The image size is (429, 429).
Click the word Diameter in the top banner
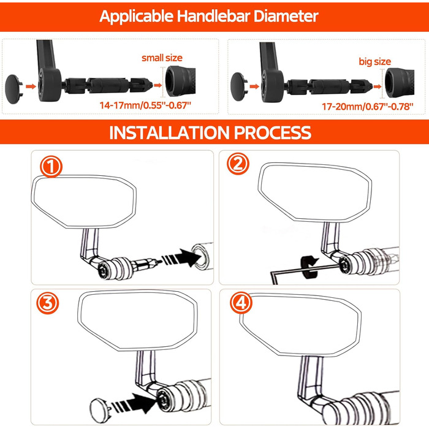(x=286, y=16)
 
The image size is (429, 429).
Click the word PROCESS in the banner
(x=273, y=133)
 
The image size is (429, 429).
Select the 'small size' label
(x=162, y=58)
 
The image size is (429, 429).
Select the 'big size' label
(x=375, y=61)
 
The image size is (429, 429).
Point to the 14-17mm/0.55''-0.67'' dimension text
(x=145, y=105)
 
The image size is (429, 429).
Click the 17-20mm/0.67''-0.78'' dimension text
(x=368, y=106)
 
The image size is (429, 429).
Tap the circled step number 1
(x=51, y=167)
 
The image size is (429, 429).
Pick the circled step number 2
(x=238, y=164)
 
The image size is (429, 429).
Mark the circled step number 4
(x=241, y=303)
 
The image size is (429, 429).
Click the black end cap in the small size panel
(x=13, y=89)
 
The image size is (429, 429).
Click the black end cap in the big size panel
(x=239, y=87)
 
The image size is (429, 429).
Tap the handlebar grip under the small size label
(x=181, y=81)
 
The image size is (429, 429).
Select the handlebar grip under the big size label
(x=399, y=83)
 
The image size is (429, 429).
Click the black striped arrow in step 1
(x=181, y=257)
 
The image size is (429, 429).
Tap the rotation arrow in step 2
(x=309, y=267)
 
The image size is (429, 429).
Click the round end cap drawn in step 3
(x=100, y=411)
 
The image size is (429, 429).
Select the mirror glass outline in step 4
(x=300, y=324)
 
